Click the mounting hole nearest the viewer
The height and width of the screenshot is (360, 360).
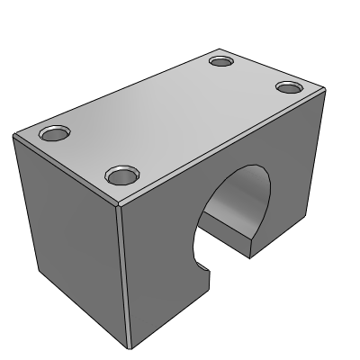click(117, 175)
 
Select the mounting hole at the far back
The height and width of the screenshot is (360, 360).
click(221, 61)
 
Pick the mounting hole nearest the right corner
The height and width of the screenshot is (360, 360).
click(288, 87)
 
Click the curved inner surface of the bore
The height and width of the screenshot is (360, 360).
click(241, 202)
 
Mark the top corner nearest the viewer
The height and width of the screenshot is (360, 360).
click(120, 203)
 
